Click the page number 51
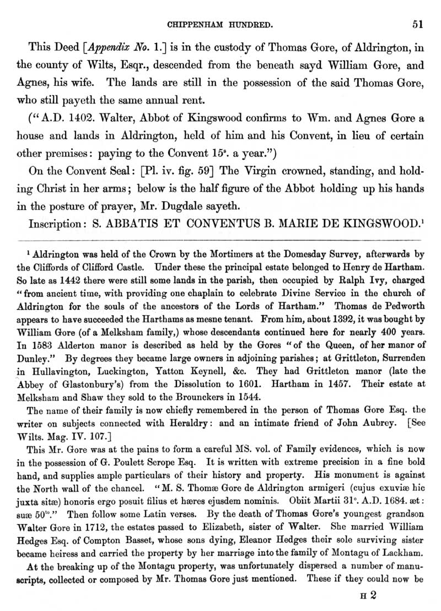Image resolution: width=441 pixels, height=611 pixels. [417, 24]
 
